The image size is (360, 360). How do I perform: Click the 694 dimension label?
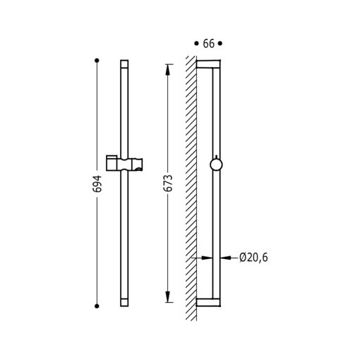tap(97, 184)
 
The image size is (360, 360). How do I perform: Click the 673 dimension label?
tap(168, 184)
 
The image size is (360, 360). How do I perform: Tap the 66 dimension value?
tap(209, 44)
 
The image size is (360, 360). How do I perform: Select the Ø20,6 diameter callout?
tap(253, 258)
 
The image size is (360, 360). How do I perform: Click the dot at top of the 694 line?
tap(97, 61)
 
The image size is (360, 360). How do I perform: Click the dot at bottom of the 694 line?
tap(97, 306)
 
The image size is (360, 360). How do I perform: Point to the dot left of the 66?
tap(196, 43)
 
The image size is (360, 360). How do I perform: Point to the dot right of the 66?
tap(220, 43)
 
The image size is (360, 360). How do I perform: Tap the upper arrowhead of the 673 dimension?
tap(167, 69)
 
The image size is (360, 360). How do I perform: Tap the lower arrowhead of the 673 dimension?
tap(167, 296)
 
